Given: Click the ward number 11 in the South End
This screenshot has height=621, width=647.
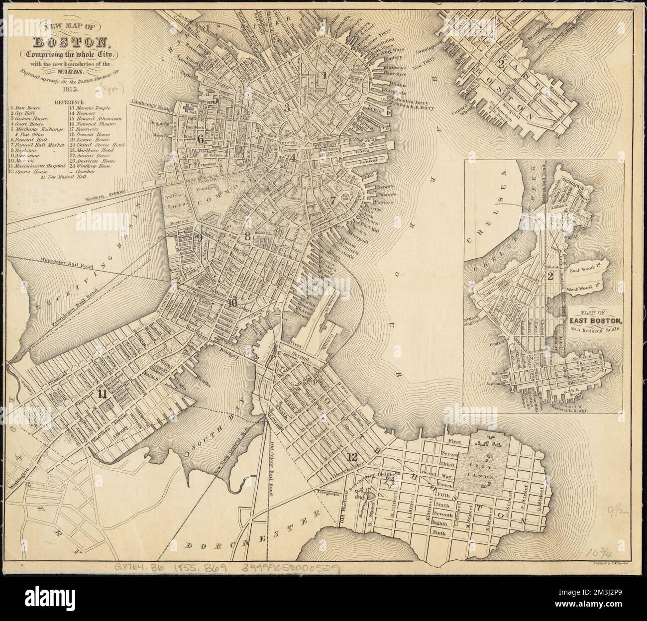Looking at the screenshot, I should (x=103, y=394).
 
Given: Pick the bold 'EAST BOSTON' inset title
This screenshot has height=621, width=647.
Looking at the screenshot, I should (x=594, y=320).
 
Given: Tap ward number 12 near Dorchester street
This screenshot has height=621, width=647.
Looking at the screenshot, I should (x=353, y=456).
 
